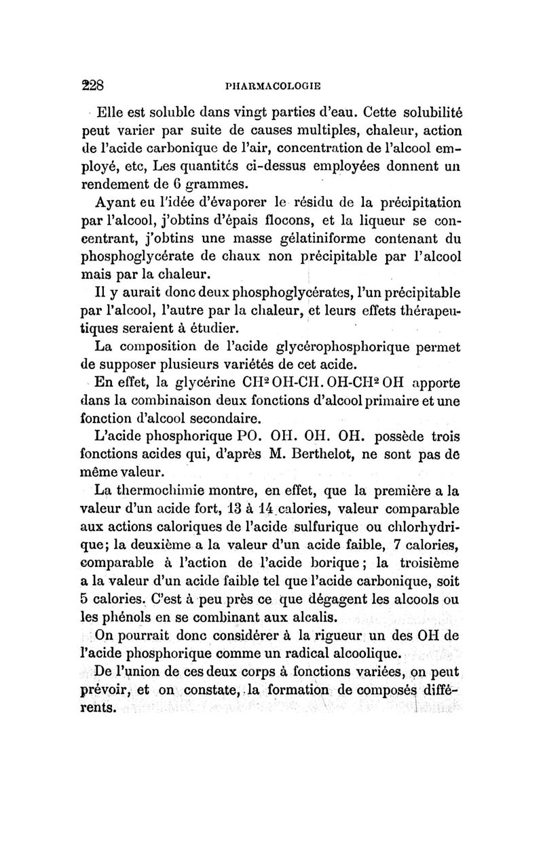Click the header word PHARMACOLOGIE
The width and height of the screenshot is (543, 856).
tap(272, 87)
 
